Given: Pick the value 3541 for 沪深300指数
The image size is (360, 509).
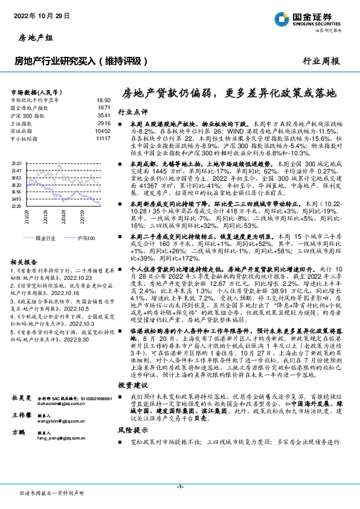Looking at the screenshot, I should [104, 114].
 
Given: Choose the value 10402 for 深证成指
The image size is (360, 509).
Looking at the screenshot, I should [103, 131].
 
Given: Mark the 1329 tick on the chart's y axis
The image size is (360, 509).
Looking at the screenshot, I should [16, 206].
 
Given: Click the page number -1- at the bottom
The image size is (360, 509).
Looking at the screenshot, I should [179, 487].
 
